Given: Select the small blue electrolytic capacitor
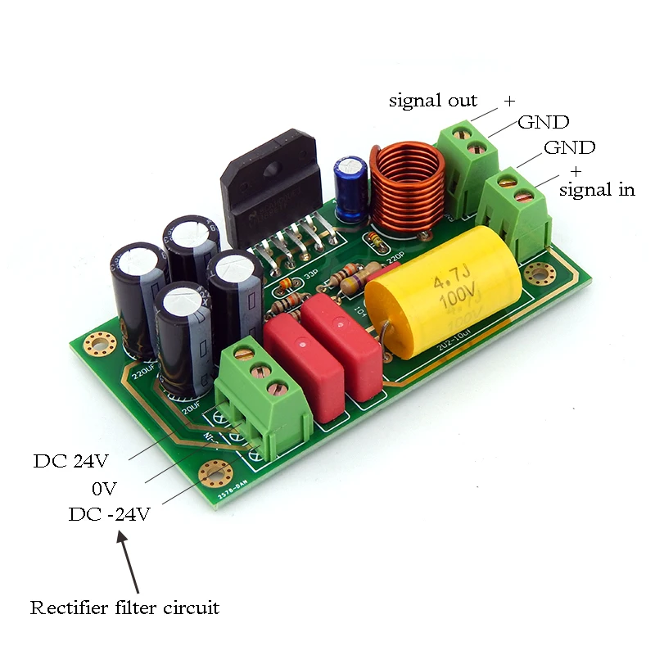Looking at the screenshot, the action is coord(351,188).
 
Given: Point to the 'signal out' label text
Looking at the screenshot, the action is coord(433,101).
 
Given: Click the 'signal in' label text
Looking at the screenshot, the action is coord(597,190).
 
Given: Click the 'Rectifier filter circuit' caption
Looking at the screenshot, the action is coord(125,608).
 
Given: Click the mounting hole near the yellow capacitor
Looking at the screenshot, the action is coord(539,273).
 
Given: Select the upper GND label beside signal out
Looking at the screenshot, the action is coord(543,123).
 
